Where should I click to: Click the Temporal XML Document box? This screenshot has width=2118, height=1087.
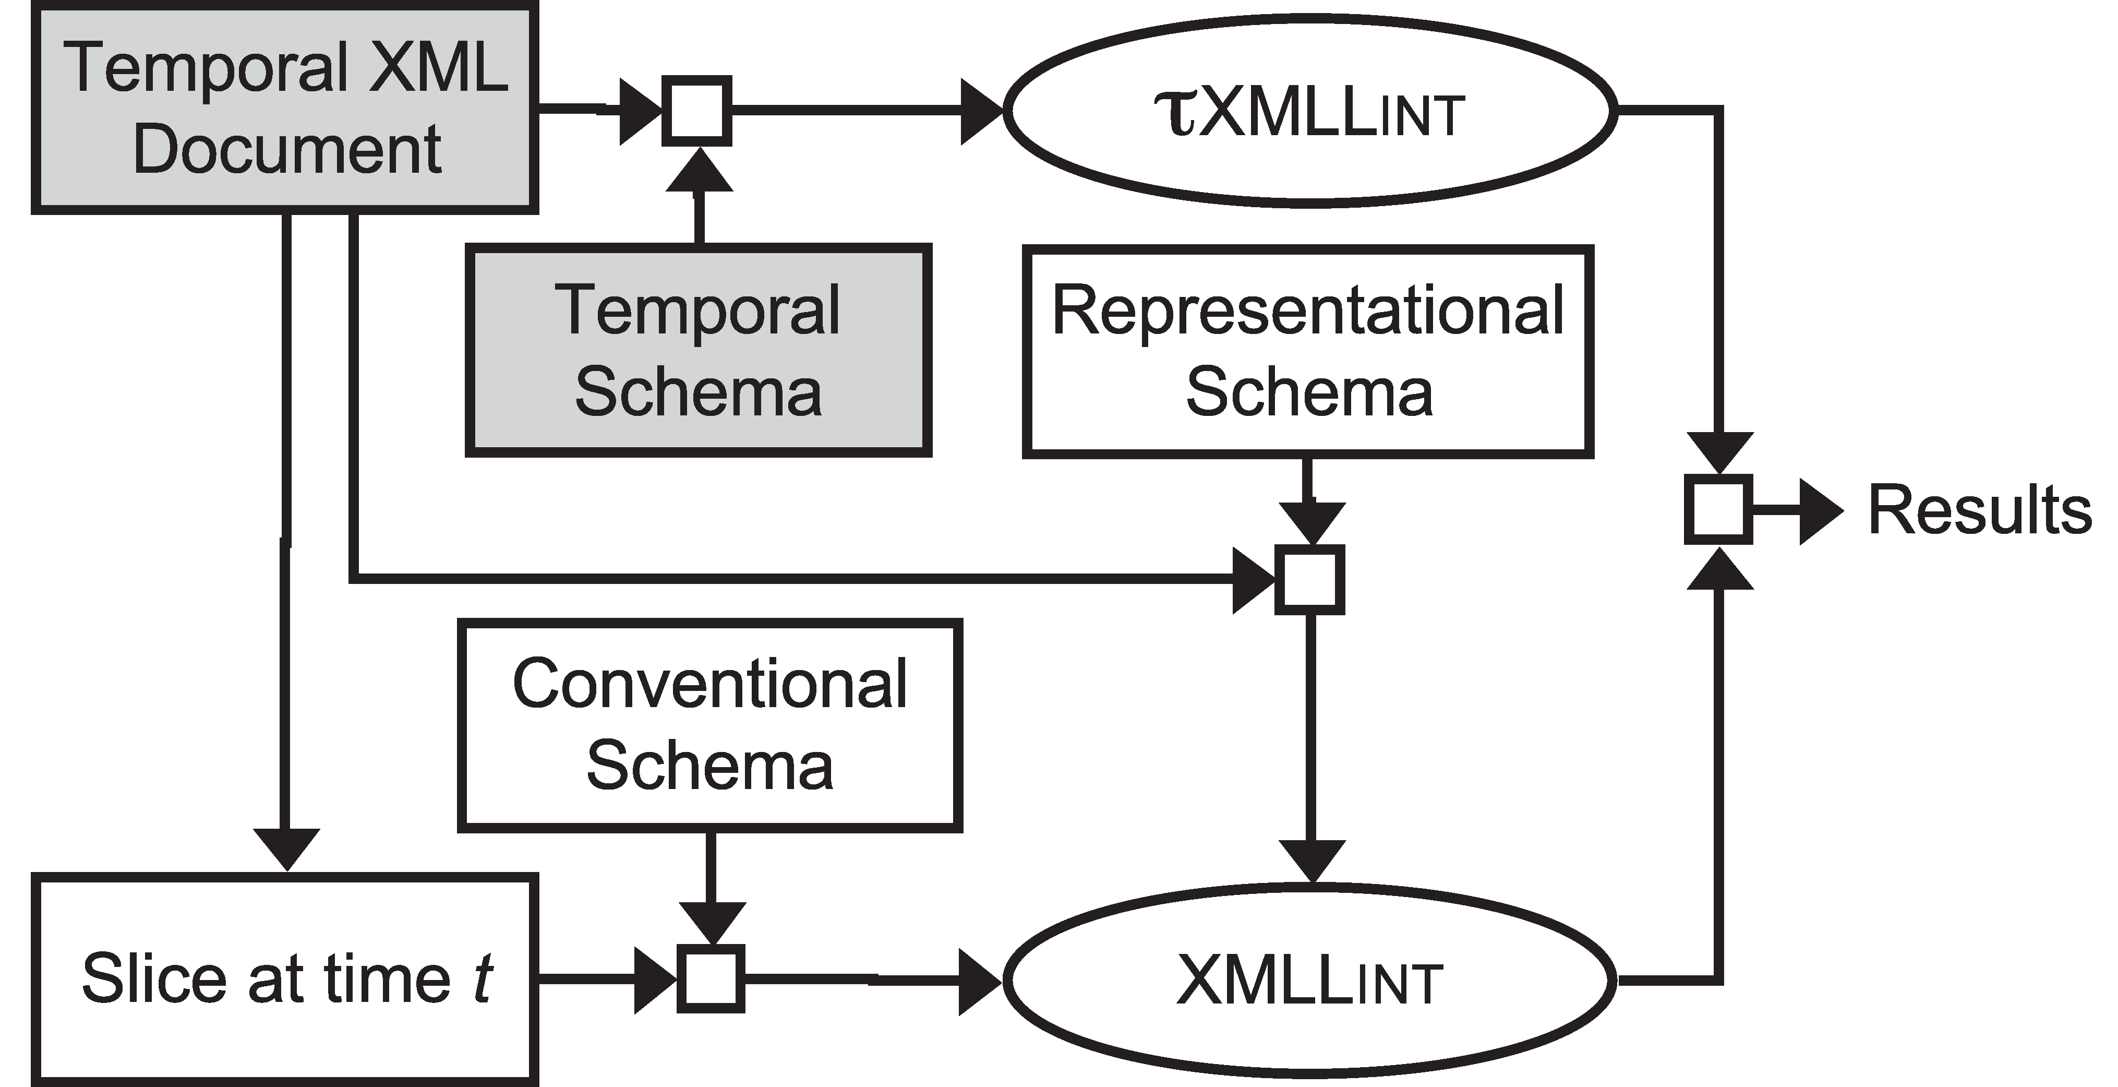click(x=285, y=109)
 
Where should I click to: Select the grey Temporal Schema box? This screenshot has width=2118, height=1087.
click(x=698, y=350)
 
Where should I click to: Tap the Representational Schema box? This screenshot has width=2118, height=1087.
click(x=1308, y=350)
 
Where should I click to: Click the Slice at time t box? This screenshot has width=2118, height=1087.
click(x=285, y=978)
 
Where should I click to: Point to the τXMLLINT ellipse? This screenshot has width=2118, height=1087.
click(x=1309, y=110)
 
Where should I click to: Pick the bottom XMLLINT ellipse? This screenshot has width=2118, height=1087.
click(x=1309, y=980)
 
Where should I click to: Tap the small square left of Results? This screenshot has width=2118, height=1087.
click(x=1718, y=509)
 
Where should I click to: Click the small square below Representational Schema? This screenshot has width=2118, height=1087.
click(x=1309, y=580)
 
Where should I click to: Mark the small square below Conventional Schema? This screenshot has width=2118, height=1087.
click(x=711, y=978)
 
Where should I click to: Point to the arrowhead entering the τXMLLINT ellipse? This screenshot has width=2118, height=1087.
click(x=982, y=110)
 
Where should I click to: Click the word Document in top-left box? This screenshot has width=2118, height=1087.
click(x=287, y=150)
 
